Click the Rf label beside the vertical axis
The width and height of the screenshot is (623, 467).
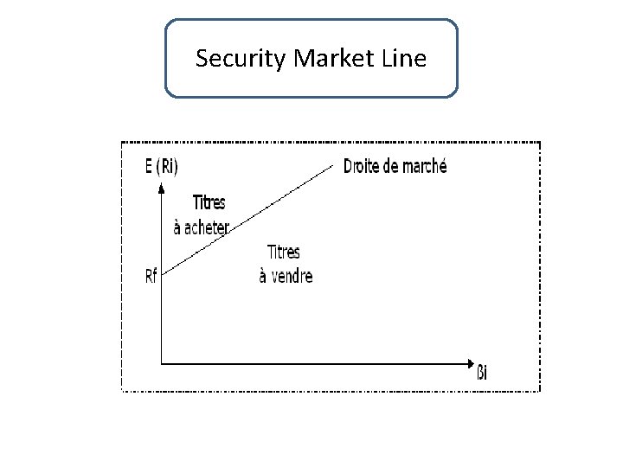point(152,277)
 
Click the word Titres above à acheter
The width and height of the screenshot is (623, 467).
point(208,203)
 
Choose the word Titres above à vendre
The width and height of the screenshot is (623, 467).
point(284,253)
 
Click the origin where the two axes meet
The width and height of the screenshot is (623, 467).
point(162,361)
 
